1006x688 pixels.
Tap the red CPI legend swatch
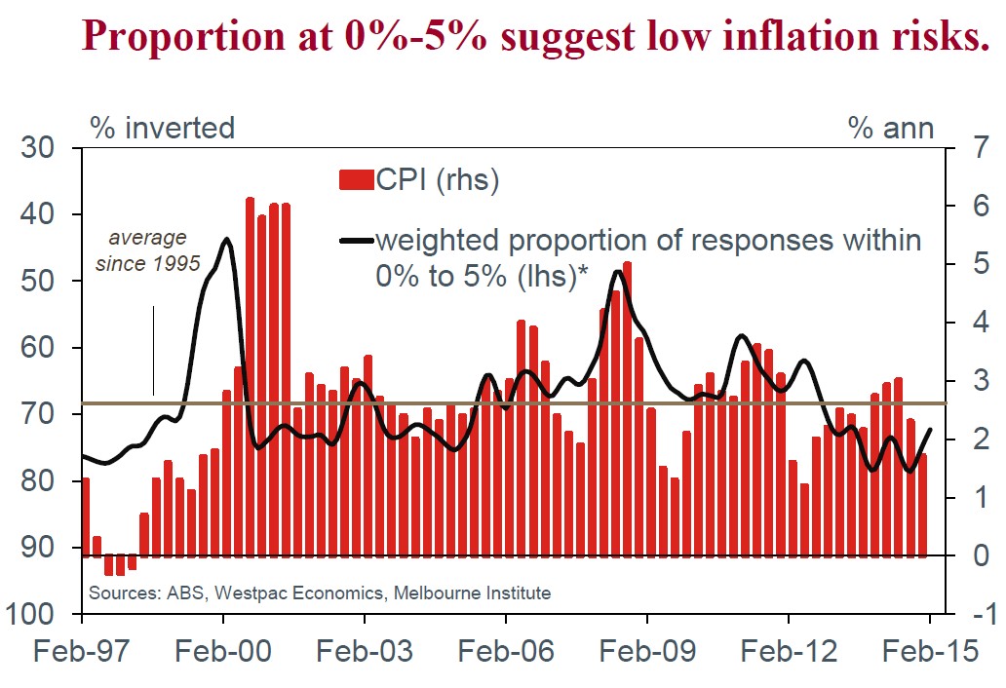pos(356,180)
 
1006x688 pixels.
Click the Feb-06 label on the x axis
pos(505,651)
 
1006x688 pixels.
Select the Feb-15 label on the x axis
pos(929,651)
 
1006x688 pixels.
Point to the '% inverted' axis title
pos(163,128)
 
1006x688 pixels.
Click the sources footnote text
pos(320,592)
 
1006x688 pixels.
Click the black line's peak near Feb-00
pos(226,239)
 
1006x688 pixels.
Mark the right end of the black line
pos(930,430)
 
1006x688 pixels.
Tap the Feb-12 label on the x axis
pos(788,651)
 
